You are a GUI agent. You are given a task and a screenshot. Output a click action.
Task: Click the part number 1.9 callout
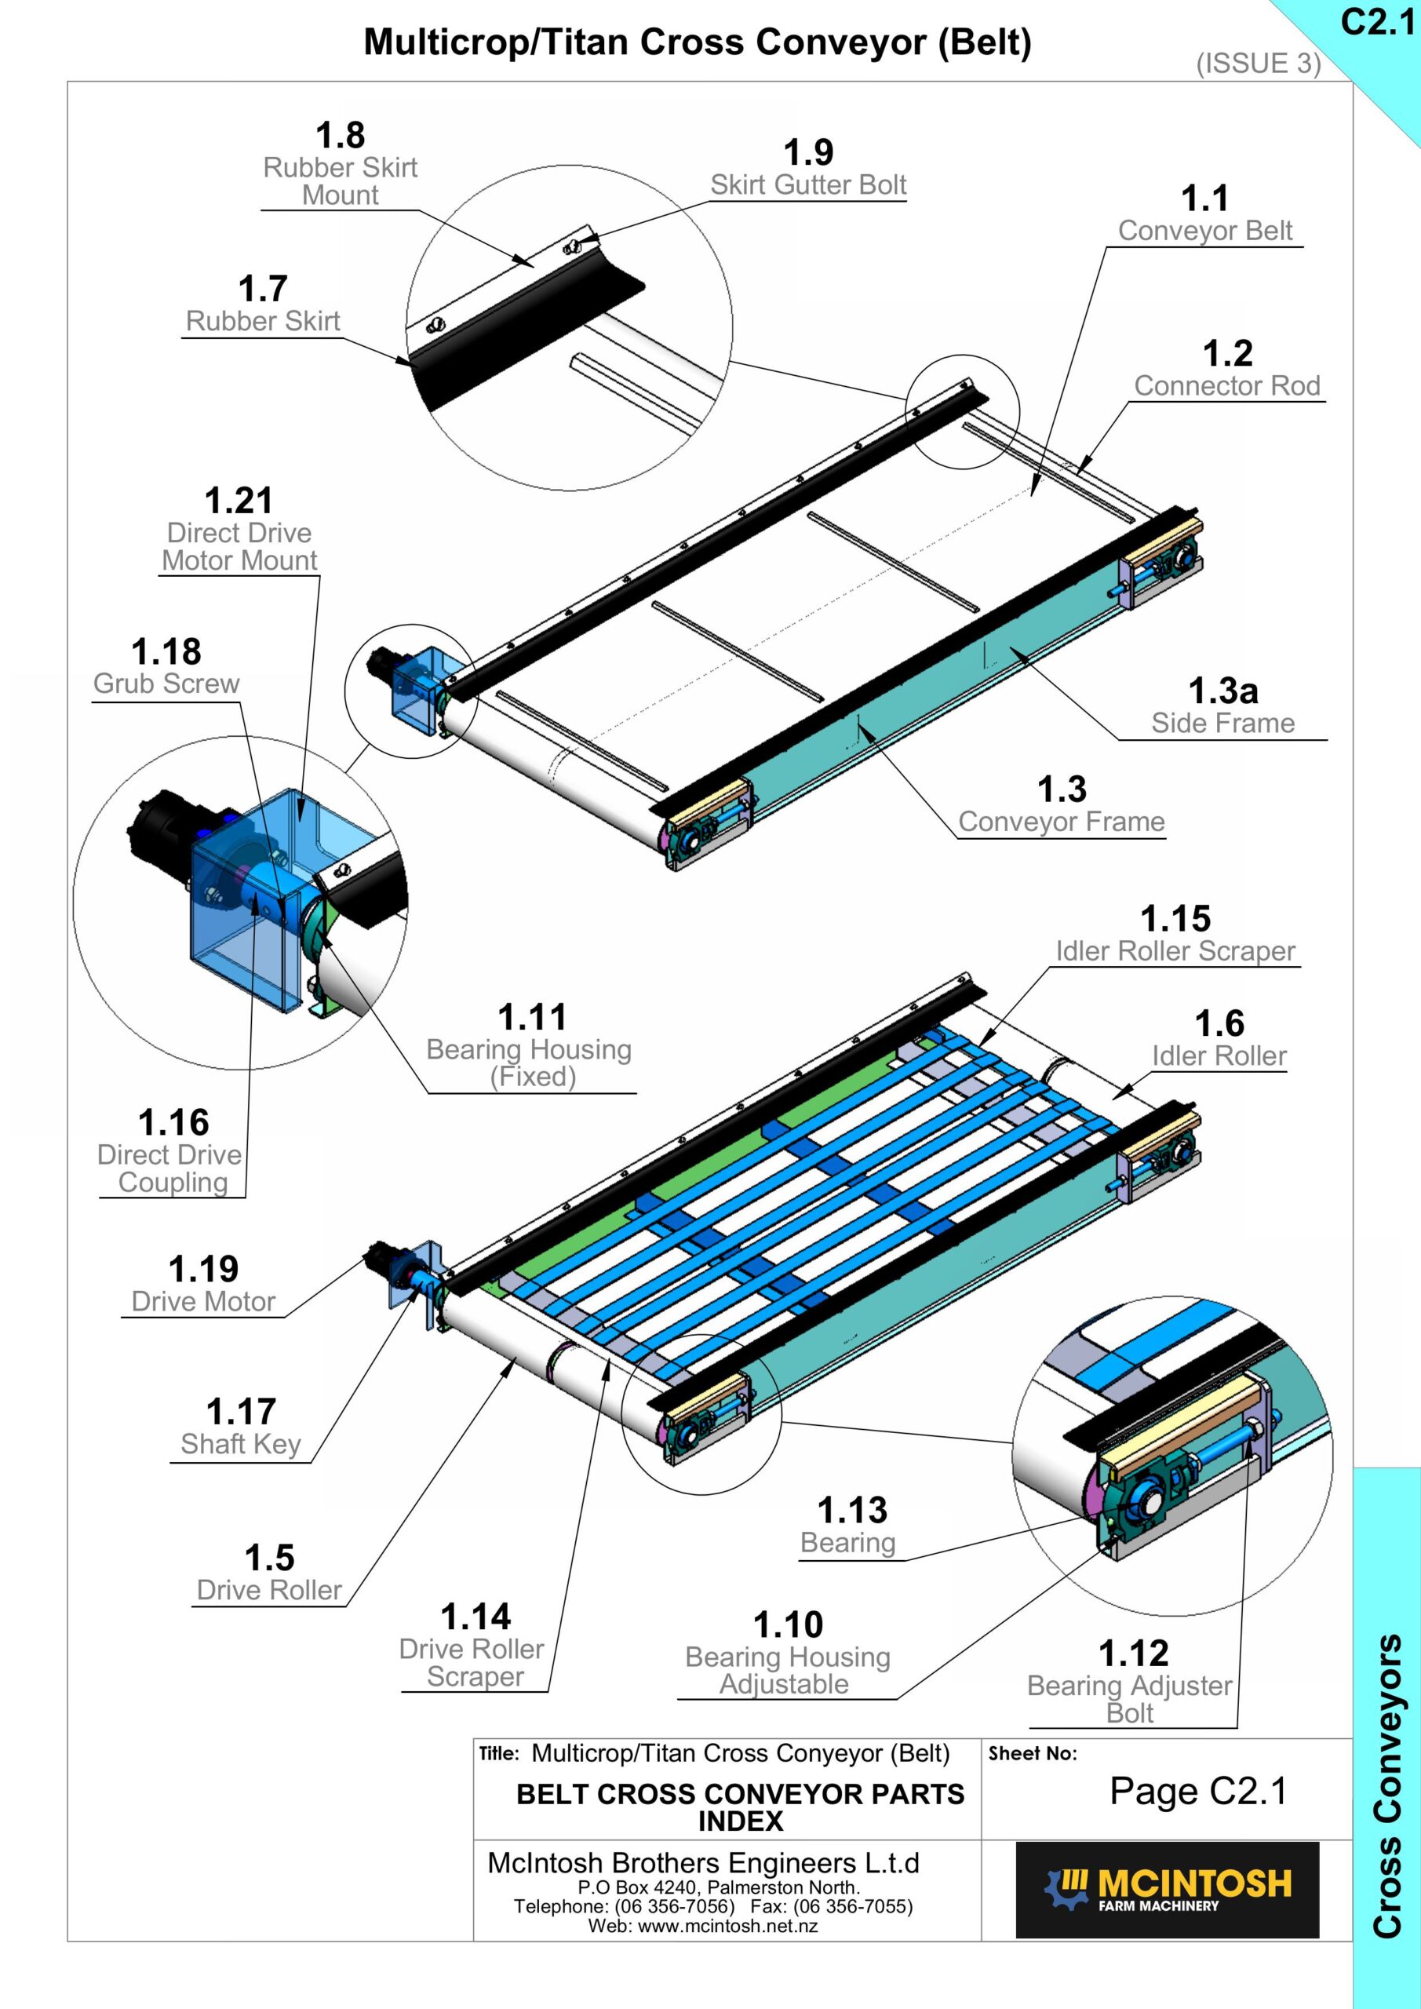tap(807, 152)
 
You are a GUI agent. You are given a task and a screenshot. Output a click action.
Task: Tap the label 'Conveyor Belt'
tap(1205, 231)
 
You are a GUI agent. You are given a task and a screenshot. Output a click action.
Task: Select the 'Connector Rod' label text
tap(1226, 386)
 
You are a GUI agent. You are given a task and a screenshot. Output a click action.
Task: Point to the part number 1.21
tap(239, 501)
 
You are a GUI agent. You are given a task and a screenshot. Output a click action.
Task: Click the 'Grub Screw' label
tap(166, 684)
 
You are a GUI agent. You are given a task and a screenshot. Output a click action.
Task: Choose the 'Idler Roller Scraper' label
tap(1175, 951)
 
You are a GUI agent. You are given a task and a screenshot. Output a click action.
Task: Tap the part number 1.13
tap(852, 1510)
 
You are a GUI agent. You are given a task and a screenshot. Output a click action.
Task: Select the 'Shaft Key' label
tap(241, 1444)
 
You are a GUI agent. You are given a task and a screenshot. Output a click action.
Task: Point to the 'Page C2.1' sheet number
tap(1198, 1791)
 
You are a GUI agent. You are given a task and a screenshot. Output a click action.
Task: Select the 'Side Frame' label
tap(1222, 723)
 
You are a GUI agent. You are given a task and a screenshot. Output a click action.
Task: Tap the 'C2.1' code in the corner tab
tap(1377, 23)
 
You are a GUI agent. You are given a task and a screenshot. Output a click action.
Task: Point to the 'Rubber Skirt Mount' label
tap(341, 181)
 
